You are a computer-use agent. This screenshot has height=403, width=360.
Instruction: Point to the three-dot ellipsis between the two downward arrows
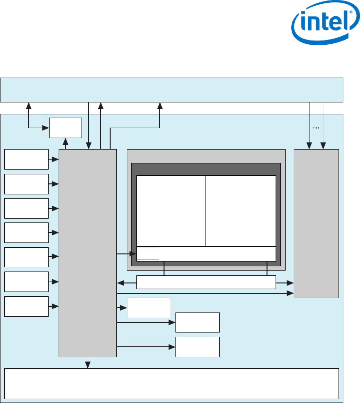(x=316, y=128)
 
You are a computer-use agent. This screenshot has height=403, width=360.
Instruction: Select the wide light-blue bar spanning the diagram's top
(x=172, y=90)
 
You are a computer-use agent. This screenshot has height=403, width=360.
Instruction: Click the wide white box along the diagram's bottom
(x=172, y=383)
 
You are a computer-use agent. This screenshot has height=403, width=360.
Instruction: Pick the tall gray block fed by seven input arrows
(x=87, y=252)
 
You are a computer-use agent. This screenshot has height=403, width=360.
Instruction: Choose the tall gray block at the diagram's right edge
(x=316, y=223)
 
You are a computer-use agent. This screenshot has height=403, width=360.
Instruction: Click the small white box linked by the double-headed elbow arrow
(x=66, y=128)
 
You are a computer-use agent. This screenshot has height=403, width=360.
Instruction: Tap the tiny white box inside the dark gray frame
(x=148, y=254)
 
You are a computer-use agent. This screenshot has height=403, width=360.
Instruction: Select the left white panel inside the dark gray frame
(x=171, y=211)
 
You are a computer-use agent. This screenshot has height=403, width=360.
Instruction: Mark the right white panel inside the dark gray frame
(x=241, y=211)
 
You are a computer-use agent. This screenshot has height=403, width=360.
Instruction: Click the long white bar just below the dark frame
(x=206, y=282)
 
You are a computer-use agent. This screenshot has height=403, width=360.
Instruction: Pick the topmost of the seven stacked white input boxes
(x=26, y=159)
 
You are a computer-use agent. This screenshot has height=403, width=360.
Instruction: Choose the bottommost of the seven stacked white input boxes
(x=26, y=306)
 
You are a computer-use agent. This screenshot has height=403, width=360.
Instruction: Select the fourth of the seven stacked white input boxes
(x=26, y=232)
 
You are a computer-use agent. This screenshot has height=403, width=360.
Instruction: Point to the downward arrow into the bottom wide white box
(x=87, y=363)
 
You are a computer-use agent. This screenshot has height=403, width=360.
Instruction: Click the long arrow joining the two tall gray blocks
(x=205, y=294)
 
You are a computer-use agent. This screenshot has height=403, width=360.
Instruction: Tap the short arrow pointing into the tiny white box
(x=126, y=254)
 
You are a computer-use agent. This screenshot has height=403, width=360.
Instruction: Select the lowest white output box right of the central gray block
(x=197, y=347)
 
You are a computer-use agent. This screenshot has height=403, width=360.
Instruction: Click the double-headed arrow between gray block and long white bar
(x=126, y=283)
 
